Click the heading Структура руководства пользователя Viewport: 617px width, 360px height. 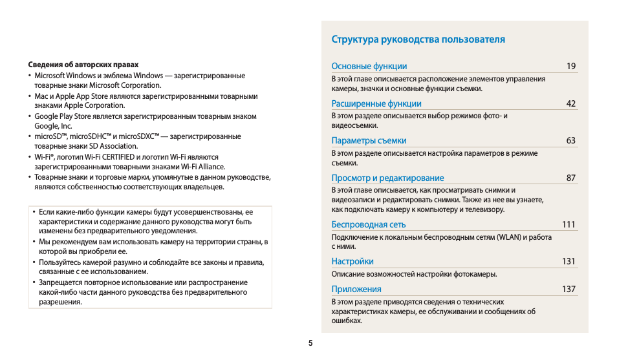tap(418, 39)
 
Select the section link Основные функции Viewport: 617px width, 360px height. tap(369, 66)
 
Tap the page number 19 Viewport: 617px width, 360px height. tap(570, 66)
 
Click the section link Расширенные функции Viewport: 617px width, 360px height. tap(376, 103)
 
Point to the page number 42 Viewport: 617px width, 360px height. tap(570, 103)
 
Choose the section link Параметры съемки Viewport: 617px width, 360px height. tap(369, 140)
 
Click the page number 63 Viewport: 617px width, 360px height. tap(570, 140)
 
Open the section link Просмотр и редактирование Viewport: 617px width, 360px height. tap(387, 178)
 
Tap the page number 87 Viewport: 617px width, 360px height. tap(570, 178)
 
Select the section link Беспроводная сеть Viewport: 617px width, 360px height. tap(369, 224)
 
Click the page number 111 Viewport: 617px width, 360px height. tap(568, 224)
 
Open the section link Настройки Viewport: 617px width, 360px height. tap(352, 261)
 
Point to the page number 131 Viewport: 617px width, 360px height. tap(568, 261)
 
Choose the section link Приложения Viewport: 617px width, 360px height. tap(356, 289)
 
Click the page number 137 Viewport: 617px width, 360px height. tap(568, 289)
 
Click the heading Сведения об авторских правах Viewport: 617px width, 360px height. tap(83, 65)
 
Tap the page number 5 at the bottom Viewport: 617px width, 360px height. tap(310, 343)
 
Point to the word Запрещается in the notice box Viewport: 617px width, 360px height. tap(62, 282)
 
